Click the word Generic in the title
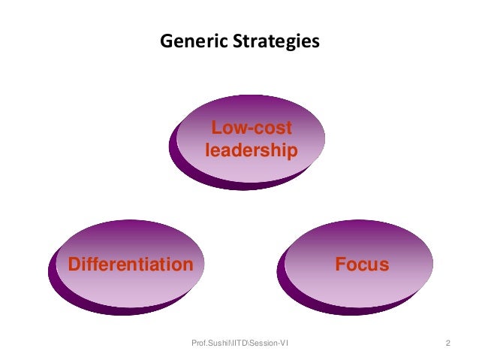(188, 41)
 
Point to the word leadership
(252, 150)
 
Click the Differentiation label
(130, 265)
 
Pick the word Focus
(362, 265)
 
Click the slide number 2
(447, 343)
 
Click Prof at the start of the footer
(199, 343)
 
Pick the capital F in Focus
(340, 265)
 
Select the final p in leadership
(291, 153)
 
